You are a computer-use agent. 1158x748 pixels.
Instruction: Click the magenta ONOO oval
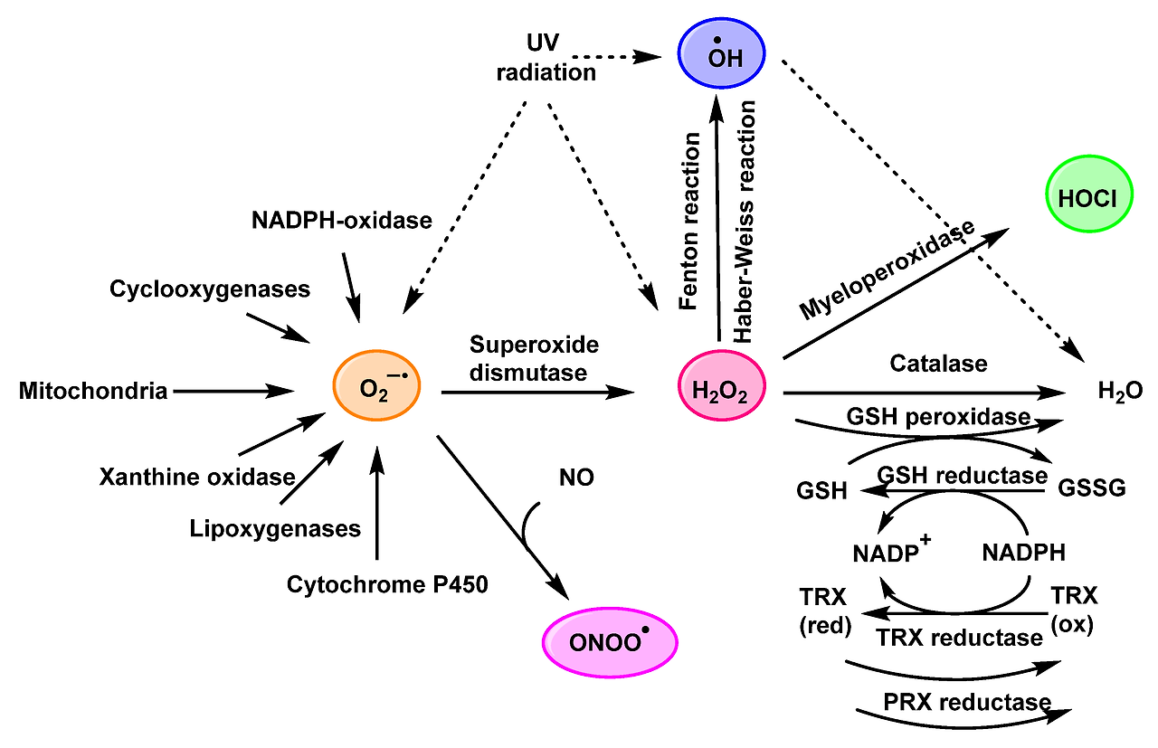(610, 642)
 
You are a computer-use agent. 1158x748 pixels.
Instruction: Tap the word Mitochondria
(93, 391)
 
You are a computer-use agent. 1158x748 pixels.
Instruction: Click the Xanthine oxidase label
(198, 476)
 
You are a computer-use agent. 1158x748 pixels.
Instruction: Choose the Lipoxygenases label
(276, 528)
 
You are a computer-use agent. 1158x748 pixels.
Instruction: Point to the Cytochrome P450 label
(387, 584)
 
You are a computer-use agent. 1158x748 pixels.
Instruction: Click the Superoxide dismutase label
(534, 358)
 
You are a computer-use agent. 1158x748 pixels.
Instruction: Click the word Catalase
(937, 364)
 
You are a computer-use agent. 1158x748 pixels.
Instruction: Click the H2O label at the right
(1120, 392)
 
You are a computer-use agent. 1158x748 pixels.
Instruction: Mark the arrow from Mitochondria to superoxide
(231, 391)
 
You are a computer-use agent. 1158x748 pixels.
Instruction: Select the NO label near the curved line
(576, 478)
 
